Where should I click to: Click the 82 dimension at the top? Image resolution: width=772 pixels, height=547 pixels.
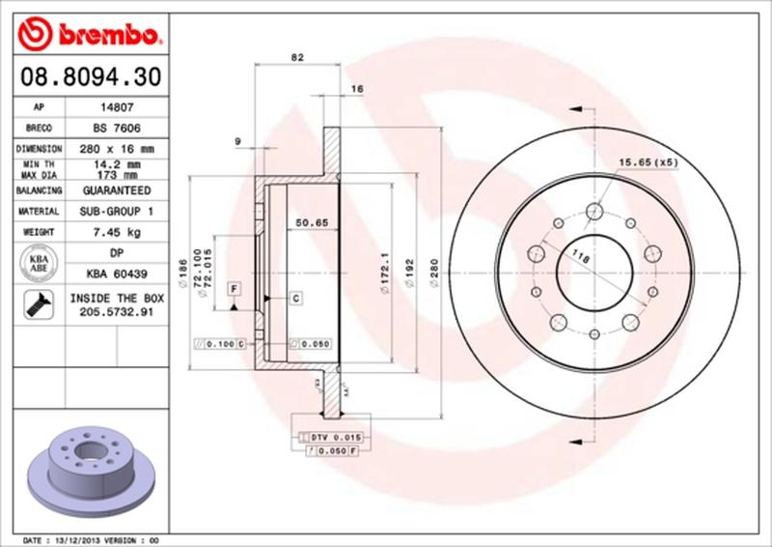298,58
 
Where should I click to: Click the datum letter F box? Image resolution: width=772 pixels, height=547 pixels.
234,289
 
